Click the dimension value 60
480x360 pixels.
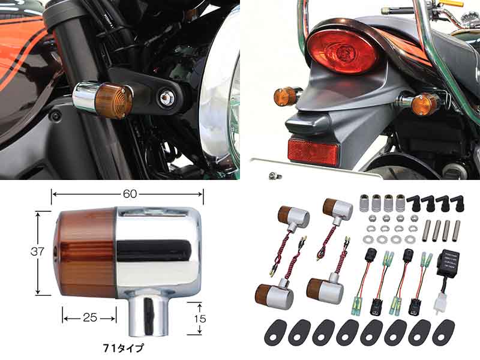click(127, 194)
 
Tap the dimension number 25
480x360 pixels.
click(89, 316)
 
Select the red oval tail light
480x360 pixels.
click(343, 50)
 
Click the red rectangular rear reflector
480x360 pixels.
click(313, 151)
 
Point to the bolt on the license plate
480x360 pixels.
click(274, 175)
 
